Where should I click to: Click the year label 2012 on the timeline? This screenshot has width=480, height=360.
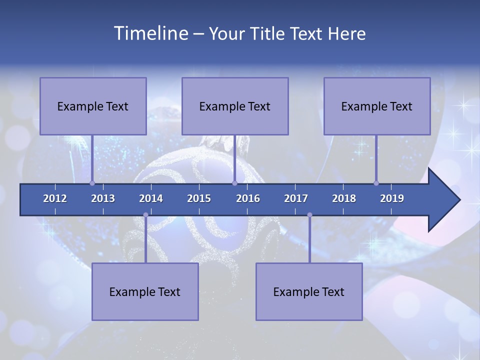pyautogui.click(x=55, y=198)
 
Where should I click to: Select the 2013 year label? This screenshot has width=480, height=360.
pyautogui.click(x=103, y=198)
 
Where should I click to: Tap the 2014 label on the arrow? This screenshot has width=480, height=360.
pyautogui.click(x=151, y=198)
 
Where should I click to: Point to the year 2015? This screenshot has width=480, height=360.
pyautogui.click(x=199, y=198)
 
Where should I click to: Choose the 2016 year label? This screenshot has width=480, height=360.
pyautogui.click(x=248, y=198)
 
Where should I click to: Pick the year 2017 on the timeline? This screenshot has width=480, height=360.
pyautogui.click(x=296, y=198)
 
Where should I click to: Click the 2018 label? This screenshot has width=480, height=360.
pyautogui.click(x=344, y=198)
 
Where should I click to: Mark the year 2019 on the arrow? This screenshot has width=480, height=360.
pyautogui.click(x=392, y=198)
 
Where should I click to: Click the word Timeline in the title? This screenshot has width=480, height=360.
pyautogui.click(x=150, y=33)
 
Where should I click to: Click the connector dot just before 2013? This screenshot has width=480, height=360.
pyautogui.click(x=92, y=183)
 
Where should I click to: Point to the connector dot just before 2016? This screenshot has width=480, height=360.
pyautogui.click(x=235, y=183)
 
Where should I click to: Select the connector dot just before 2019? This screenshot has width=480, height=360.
pyautogui.click(x=376, y=183)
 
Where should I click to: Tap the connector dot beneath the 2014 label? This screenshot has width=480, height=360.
pyautogui.click(x=145, y=215)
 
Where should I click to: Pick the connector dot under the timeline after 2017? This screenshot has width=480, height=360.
pyautogui.click(x=309, y=215)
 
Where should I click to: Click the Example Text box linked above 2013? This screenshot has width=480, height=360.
pyautogui.click(x=93, y=106)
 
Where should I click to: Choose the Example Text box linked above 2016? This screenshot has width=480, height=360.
pyautogui.click(x=235, y=106)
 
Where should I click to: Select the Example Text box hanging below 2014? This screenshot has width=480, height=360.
pyautogui.click(x=145, y=291)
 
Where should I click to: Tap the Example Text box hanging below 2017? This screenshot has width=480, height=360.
pyautogui.click(x=309, y=291)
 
